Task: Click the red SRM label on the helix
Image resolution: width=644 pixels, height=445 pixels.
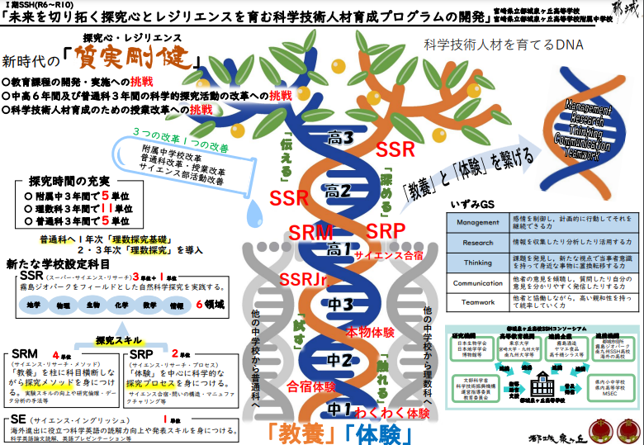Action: tap(311, 233)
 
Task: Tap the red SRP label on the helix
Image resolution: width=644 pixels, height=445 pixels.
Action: tap(384, 229)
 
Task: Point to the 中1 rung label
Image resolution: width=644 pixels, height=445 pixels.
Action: tap(340, 407)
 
